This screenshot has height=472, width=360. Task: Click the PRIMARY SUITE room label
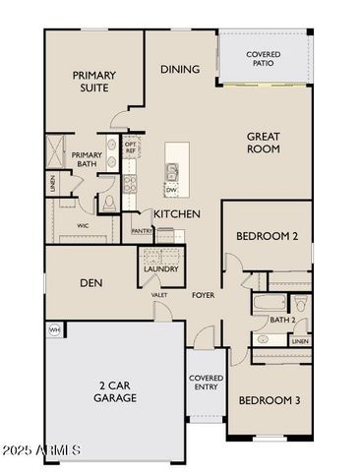coord(93,82)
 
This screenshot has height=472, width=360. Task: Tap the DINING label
coord(180,69)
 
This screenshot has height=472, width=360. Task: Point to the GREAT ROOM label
coord(263,144)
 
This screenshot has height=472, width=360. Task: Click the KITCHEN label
coord(177,213)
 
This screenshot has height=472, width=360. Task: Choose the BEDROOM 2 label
coord(267,236)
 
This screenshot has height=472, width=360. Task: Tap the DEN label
coord(93,282)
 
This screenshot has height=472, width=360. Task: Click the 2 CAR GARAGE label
coord(115,391)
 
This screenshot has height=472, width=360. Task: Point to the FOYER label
coord(204,295)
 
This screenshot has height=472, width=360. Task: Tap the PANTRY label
coord(143,231)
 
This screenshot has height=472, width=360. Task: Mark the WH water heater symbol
coord(55,329)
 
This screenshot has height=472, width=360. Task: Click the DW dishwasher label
coord(171,190)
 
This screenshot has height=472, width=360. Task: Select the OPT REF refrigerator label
coord(131,147)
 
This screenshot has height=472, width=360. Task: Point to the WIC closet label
coord(70,225)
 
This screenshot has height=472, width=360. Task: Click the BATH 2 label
coord(283,321)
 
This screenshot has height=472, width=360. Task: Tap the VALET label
coord(159,295)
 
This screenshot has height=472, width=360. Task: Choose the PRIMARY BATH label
coord(87,159)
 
